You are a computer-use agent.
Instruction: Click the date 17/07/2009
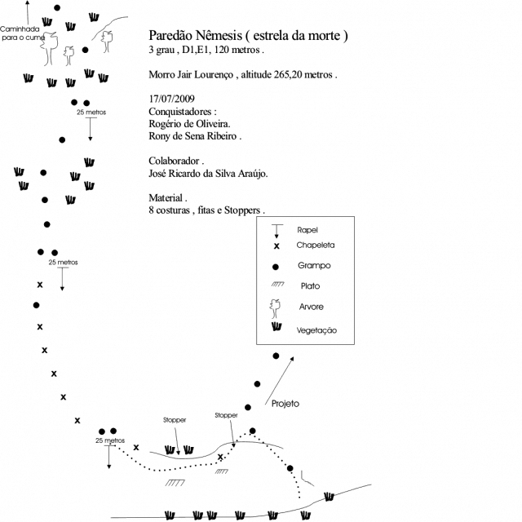coord(171,99)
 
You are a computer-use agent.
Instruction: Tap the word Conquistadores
coord(179,112)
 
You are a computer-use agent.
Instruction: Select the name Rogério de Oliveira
coord(189,124)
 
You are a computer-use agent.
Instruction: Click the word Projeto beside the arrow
coord(285,404)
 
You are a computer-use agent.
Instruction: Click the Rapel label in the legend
coord(307,230)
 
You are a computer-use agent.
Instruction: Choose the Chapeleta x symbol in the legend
coord(276,246)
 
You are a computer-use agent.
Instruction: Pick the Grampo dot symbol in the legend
coord(276,267)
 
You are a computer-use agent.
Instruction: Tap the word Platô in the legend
coord(310,286)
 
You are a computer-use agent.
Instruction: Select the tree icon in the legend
coord(275,308)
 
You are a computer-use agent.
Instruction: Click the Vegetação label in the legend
coord(316,330)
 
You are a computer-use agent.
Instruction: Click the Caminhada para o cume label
coord(20,33)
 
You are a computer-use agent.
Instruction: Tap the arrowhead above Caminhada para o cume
coord(28,2)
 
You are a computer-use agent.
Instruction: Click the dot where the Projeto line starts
coord(252,431)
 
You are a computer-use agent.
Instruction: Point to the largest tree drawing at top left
coord(49,49)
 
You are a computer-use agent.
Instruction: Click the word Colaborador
coord(174,161)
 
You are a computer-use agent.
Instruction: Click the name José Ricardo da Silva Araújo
coord(208,174)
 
